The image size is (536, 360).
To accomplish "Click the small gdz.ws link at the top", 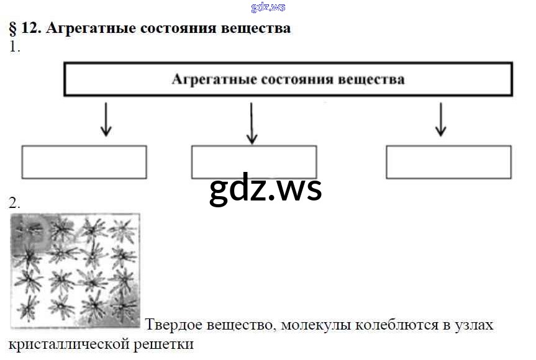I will pos(268,7).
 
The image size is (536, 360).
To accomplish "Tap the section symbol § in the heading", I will pos(13,29).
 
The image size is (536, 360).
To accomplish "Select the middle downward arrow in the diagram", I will pos(252,122).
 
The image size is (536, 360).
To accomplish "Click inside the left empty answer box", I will pos(84,162).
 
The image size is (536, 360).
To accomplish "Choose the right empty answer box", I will pos(448,162).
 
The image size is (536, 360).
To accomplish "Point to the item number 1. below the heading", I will pos(15,48).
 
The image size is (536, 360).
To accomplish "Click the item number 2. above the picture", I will pos(15,202).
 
